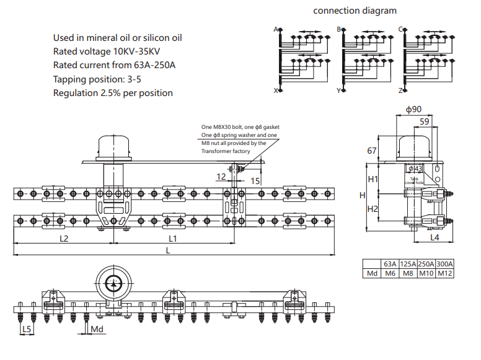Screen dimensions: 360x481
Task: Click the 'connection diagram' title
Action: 355,11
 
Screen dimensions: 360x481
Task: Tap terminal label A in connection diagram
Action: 276,29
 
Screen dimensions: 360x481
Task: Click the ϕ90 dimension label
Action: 414,110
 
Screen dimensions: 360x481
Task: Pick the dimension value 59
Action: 425,122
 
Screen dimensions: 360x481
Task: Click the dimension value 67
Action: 372,151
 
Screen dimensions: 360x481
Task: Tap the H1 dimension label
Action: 373,180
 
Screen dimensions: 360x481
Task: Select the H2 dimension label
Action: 373,209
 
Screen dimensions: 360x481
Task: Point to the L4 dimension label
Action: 435,237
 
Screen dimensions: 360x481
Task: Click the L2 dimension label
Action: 63,238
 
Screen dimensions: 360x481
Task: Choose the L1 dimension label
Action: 173,238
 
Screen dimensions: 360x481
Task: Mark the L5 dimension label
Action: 26,329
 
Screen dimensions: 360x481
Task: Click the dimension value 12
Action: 221,177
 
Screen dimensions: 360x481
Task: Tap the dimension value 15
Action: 255,180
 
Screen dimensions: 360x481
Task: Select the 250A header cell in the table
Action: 426,263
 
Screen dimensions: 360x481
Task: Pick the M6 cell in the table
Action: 390,273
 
